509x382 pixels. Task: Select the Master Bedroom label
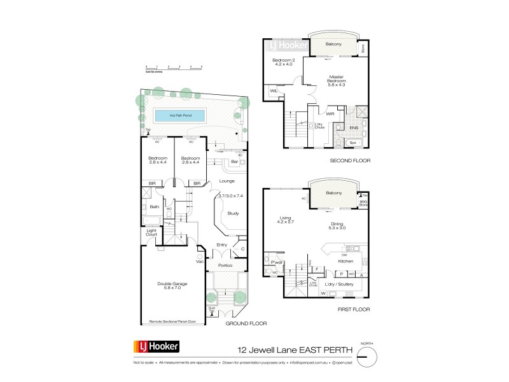point(337,80)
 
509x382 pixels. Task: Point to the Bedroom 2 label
point(282,61)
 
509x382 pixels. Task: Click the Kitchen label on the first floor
point(345,261)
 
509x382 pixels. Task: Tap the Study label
point(232,213)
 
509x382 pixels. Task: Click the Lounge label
point(227,181)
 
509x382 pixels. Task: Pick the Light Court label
point(151,233)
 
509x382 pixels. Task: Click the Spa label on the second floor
point(352,143)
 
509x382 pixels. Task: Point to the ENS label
point(354,128)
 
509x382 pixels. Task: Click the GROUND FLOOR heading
point(246,324)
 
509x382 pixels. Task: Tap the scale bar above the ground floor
point(174,67)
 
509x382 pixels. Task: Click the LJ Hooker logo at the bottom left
point(156,348)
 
